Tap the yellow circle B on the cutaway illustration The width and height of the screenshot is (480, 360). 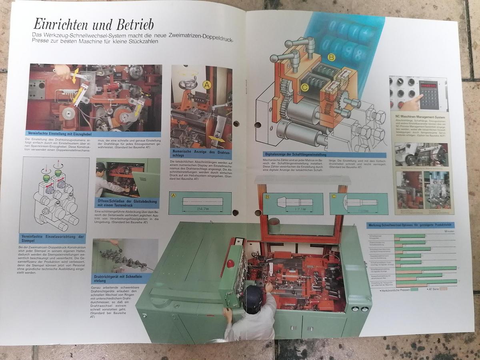(331, 57)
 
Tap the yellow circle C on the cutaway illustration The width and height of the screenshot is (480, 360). (305, 87)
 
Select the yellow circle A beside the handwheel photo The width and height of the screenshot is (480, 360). (206, 85)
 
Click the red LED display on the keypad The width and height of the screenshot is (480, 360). (428, 85)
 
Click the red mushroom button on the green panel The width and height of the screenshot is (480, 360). (230, 264)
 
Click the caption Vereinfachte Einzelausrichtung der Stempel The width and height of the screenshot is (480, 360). (54, 238)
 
